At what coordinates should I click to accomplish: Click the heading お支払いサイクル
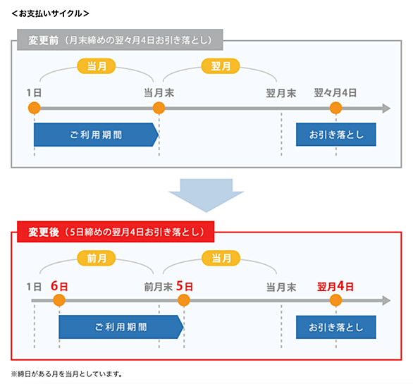(50, 13)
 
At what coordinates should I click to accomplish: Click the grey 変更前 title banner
(120, 39)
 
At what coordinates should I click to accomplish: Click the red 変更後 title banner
(116, 232)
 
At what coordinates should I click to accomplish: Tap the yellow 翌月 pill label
(221, 66)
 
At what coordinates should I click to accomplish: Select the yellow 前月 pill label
(97, 258)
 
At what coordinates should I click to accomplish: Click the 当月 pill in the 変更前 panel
(97, 66)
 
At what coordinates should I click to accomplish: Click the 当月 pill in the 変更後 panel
(221, 258)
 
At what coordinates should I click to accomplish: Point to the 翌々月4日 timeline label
(335, 93)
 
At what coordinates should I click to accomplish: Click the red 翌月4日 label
(335, 286)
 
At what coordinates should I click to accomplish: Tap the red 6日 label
(59, 286)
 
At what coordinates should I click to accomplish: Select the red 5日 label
(185, 286)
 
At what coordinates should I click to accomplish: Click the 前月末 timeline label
(158, 287)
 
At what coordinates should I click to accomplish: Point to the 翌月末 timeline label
(281, 93)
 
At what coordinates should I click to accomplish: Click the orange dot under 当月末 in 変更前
(159, 108)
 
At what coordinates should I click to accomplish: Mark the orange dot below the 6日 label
(59, 300)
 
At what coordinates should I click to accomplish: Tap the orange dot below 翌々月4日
(335, 108)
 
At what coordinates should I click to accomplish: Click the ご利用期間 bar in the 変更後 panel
(121, 327)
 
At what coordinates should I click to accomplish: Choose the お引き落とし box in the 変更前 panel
(335, 135)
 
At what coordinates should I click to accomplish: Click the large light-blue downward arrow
(207, 195)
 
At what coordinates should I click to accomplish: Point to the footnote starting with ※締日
(67, 374)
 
